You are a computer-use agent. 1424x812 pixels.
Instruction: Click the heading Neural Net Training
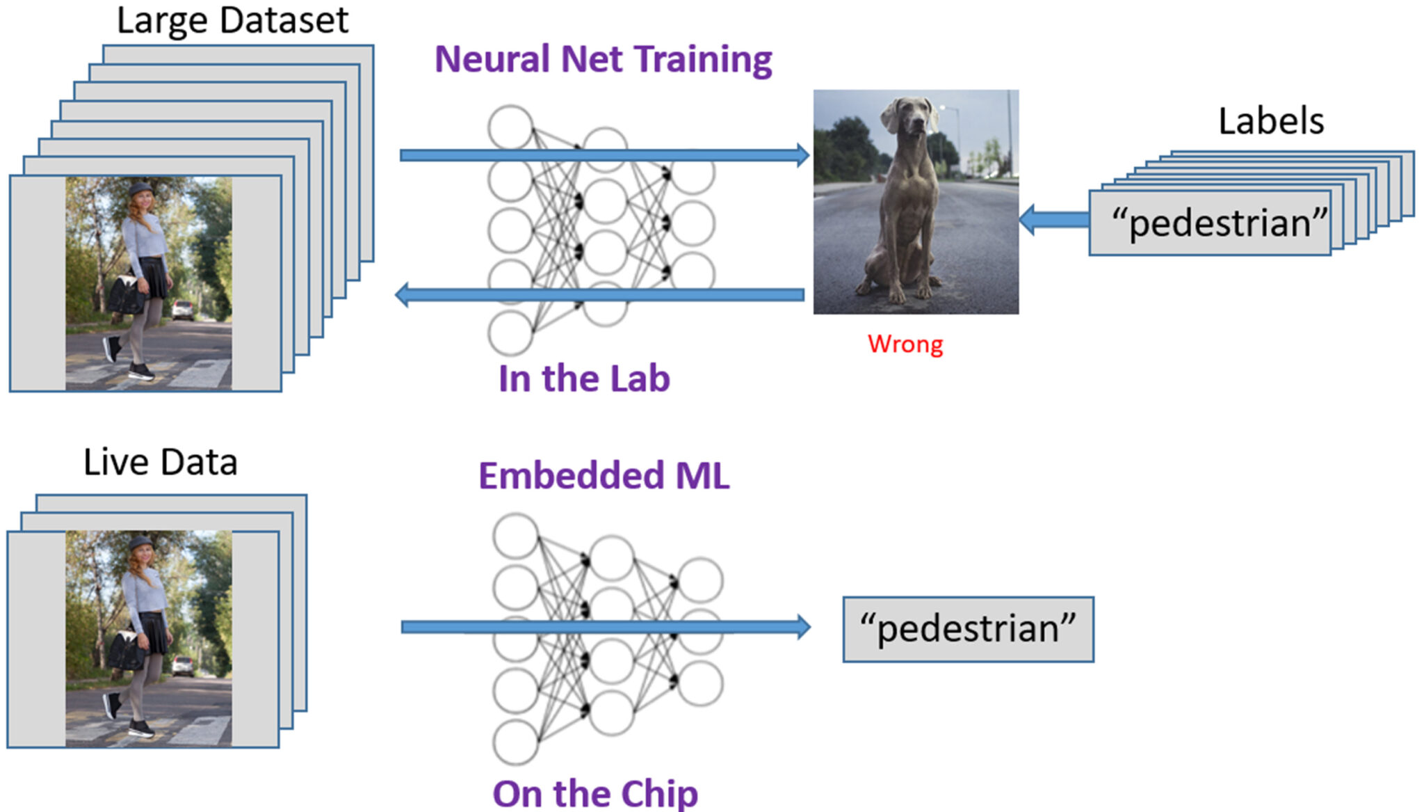pos(603,60)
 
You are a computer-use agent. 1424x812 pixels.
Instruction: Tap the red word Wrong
pos(905,344)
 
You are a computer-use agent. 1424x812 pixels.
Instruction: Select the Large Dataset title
pos(232,20)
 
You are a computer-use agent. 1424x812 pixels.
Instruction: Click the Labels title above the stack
pos(1270,121)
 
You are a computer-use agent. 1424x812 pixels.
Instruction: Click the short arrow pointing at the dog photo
pos(1054,220)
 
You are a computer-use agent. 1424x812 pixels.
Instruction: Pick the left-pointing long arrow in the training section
pos(598,295)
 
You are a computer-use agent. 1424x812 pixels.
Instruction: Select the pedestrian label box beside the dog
pos(1211,223)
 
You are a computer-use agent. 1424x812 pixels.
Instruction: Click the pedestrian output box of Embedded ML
pos(967,629)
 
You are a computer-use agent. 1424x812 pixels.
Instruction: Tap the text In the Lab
pos(584,379)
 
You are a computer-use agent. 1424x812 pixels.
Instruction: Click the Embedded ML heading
pos(604,477)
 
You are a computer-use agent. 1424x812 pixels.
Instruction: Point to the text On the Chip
pos(595,794)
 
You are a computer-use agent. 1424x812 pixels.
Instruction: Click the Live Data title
pos(160,463)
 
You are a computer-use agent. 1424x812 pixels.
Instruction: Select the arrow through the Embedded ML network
pos(605,627)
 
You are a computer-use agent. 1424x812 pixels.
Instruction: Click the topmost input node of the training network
pos(510,127)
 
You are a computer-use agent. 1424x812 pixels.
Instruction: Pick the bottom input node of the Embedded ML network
pos(515,742)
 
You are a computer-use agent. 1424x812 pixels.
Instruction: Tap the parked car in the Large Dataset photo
pos(183,310)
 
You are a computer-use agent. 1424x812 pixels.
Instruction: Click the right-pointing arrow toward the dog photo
pos(604,154)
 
